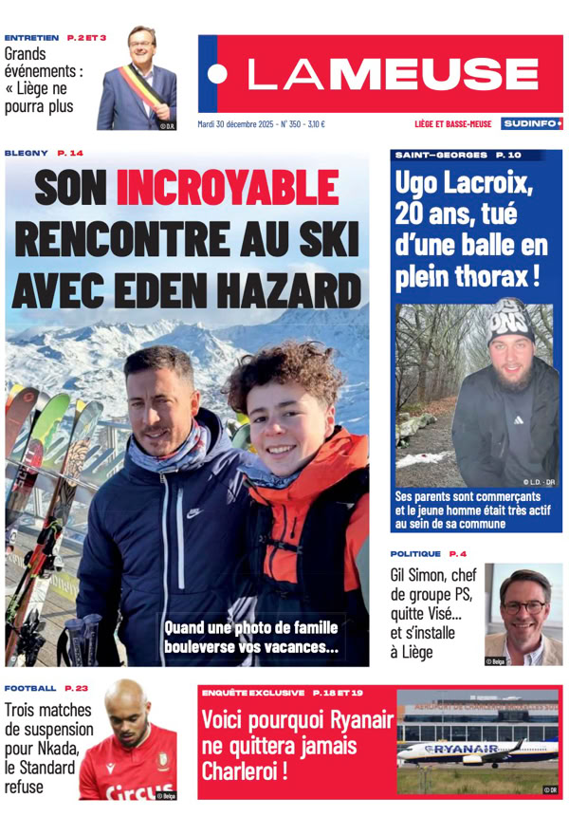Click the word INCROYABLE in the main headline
[227, 188]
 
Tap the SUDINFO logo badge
[532, 123]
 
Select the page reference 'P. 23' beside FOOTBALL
[77, 688]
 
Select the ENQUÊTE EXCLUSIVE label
[253, 693]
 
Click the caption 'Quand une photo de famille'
[250, 628]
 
